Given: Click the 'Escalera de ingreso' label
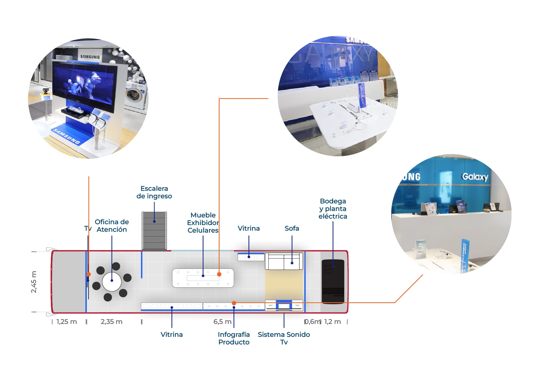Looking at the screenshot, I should pyautogui.click(x=154, y=192).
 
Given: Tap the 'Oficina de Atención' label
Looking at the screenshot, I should pyautogui.click(x=112, y=226).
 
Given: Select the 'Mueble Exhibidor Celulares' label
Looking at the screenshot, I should pyautogui.click(x=203, y=222).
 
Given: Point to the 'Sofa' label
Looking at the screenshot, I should pyautogui.click(x=292, y=228).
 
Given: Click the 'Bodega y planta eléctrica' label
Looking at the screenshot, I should pyautogui.click(x=333, y=209).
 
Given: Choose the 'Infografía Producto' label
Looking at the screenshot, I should pyautogui.click(x=234, y=338).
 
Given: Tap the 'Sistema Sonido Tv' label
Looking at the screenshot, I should pyautogui.click(x=284, y=338).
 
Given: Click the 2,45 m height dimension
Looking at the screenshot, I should pyautogui.click(x=34, y=282).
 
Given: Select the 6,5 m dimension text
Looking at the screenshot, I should pyautogui.click(x=222, y=322).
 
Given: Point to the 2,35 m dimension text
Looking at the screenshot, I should pyautogui.click(x=111, y=322).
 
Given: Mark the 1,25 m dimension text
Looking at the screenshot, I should pyautogui.click(x=67, y=322).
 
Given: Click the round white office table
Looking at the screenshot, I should pyautogui.click(x=112, y=281).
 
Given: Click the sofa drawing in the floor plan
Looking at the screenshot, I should pyautogui.click(x=284, y=261).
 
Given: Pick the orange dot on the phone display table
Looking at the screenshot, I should pyautogui.click(x=219, y=274).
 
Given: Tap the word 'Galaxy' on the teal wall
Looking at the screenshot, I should pyautogui.click(x=475, y=177).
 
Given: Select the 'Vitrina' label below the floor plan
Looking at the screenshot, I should pyautogui.click(x=171, y=335).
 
